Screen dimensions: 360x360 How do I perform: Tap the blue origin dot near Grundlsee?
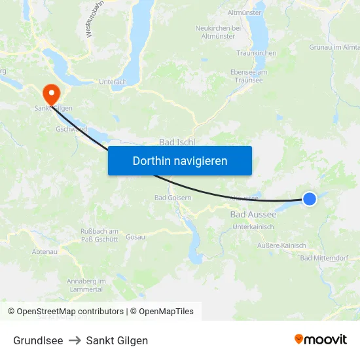[x=309, y=198]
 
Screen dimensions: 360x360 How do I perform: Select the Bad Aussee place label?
[x=253, y=214]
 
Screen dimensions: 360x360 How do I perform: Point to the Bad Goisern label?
[x=173, y=198]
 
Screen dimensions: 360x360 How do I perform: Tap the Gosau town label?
[x=135, y=236]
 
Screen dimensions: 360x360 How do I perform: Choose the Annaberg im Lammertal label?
[x=84, y=285]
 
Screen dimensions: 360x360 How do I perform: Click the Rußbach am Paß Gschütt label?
[x=99, y=235]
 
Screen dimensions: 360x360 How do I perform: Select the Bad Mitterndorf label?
[x=324, y=258]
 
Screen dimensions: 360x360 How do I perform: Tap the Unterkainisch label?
[x=253, y=226]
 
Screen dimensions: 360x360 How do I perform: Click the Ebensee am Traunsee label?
[x=249, y=76]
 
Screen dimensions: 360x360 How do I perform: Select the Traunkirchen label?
[x=256, y=53]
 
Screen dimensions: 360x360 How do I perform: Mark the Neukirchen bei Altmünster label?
[x=218, y=32]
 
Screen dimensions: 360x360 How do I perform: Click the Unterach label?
[x=112, y=82]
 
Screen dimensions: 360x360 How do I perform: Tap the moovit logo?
[x=320, y=340]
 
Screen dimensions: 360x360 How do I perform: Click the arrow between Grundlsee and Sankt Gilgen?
[x=75, y=340]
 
